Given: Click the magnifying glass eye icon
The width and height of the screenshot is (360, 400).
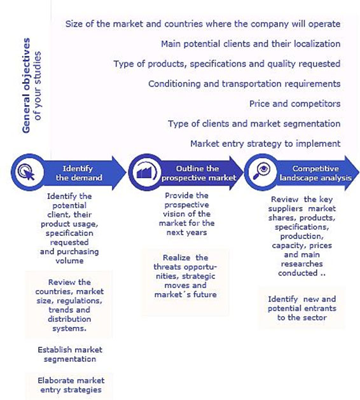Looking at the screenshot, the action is pos(261,172).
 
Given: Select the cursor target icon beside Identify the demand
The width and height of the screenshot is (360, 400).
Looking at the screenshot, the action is pos(26,172).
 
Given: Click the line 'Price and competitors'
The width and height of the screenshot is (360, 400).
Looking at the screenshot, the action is pos(294,104).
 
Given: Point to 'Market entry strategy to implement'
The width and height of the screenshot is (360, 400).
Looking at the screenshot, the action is pos(265,144).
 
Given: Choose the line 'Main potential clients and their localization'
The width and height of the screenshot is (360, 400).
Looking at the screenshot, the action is pos(251,44).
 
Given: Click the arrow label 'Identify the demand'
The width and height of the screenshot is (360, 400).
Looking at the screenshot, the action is pos(79,173).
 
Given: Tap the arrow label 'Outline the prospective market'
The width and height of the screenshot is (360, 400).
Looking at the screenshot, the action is pos(198,173).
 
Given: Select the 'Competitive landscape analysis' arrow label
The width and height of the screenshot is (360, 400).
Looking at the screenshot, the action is pos(315,173).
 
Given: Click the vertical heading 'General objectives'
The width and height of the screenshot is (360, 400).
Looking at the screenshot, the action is pos(26,85).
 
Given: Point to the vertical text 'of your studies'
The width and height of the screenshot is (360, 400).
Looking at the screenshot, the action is pos(38,86).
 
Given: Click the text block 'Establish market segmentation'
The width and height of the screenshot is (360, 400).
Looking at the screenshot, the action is pos(70,354).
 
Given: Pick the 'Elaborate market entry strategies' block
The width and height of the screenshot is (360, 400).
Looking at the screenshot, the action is pos(71,385).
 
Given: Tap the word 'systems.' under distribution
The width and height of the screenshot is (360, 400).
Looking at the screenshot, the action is pos(69,328).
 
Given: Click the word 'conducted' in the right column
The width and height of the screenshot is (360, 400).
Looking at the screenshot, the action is pos(298,273).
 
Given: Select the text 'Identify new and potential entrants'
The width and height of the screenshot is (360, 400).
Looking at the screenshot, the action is pos(302,304).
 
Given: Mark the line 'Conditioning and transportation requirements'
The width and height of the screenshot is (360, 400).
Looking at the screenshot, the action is pos(244,84).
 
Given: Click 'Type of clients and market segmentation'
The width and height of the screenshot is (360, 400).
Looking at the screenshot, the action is pos(254,124).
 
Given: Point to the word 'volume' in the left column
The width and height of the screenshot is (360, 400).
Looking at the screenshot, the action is pos(69,261).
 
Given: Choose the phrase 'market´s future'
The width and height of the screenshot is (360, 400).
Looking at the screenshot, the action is pos(186,294).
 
